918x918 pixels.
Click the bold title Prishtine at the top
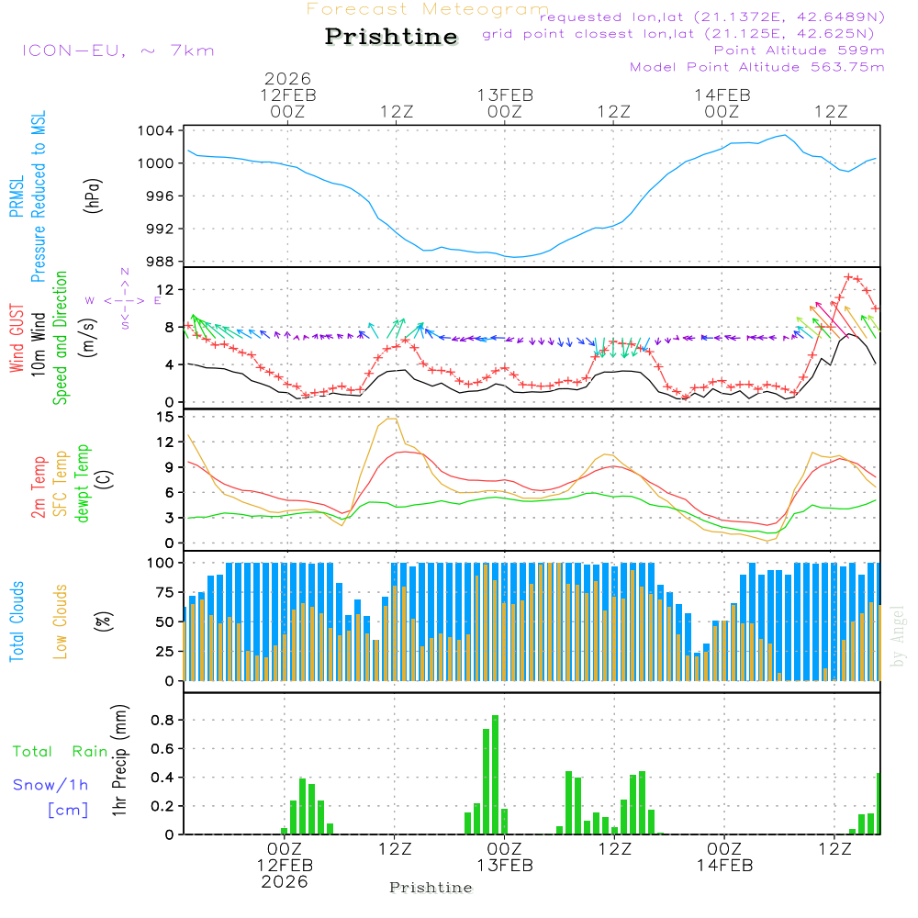pyautogui.click(x=391, y=37)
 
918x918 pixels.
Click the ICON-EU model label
pyautogui.click(x=118, y=50)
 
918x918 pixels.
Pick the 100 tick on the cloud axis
pyautogui.click(x=161, y=562)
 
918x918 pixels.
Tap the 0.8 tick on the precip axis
pyautogui.click(x=162, y=720)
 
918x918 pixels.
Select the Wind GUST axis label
pyautogui.click(x=17, y=340)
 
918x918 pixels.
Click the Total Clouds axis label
pyautogui.click(x=17, y=621)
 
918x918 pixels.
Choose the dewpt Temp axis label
pyautogui.click(x=83, y=484)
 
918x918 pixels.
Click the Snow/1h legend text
pyautogui.click(x=51, y=785)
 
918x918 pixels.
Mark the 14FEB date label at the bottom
pyautogui.click(x=724, y=866)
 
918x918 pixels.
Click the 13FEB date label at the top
pyautogui.click(x=505, y=95)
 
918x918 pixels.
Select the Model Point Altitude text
pyautogui.click(x=757, y=67)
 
